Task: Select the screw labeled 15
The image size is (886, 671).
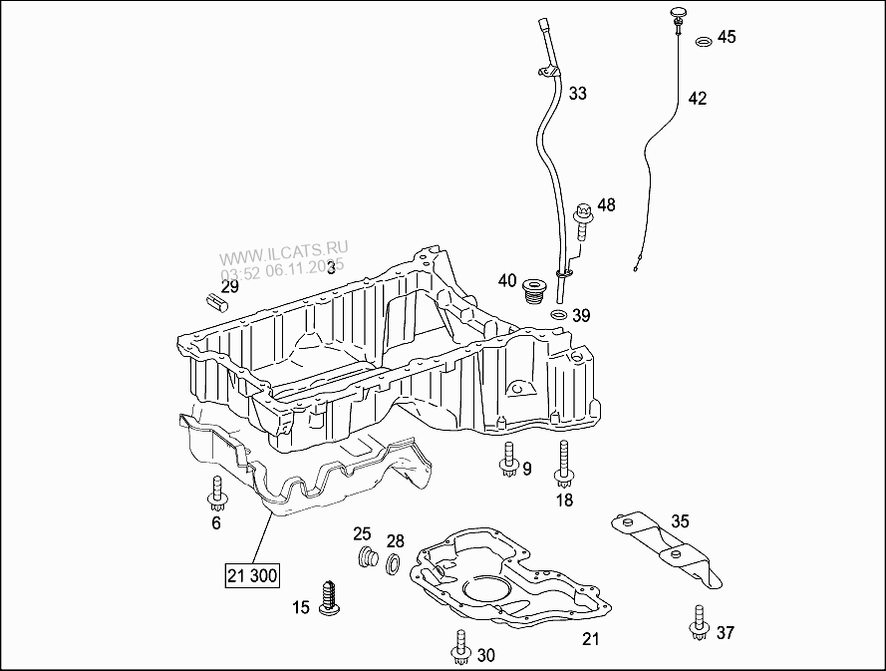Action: (329, 597)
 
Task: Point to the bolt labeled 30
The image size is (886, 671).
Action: (459, 648)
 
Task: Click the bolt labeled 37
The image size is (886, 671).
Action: (698, 624)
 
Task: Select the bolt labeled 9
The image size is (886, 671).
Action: (508, 461)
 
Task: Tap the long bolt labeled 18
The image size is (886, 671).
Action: (564, 464)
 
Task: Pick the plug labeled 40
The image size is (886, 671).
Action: (535, 290)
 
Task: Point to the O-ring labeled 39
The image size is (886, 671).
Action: (560, 316)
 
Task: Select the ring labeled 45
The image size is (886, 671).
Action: (703, 41)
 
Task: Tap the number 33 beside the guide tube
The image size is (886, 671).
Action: (578, 94)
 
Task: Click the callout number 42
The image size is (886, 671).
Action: (698, 98)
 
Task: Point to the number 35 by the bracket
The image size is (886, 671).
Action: (680, 520)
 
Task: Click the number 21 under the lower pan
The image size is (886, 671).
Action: (591, 639)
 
